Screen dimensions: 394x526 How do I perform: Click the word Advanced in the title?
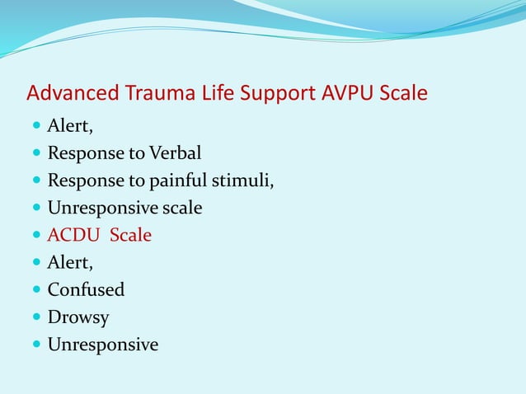coord(72,93)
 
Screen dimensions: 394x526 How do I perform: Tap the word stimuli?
coord(242,181)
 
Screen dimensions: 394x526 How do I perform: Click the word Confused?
coord(86,290)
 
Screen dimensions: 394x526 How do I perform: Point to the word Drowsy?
coord(78,317)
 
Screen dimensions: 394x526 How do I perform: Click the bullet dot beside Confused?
coord(36,290)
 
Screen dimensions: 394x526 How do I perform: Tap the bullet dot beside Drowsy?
coord(36,317)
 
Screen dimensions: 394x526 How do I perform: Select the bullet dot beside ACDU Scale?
coord(36,235)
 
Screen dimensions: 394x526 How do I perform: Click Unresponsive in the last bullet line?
coord(103,345)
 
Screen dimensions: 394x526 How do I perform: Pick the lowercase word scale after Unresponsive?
coord(182,208)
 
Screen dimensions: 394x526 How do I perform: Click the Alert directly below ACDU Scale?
coord(69,263)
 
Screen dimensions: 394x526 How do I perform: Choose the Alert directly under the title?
coord(69,126)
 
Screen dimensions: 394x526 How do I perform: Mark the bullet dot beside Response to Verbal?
coord(36,153)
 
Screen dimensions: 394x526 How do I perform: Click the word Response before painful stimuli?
coord(82,181)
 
